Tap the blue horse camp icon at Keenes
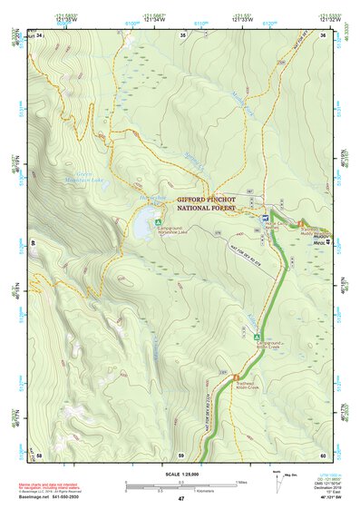(264, 219)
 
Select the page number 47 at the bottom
(180, 499)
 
